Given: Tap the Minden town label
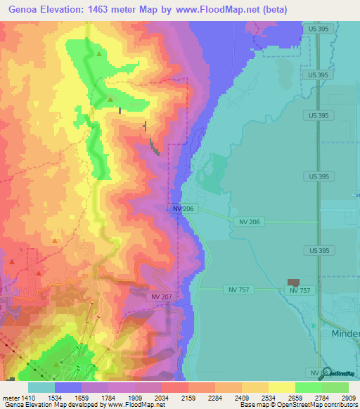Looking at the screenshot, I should [x=345, y=335].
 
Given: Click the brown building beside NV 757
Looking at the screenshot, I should [x=293, y=283].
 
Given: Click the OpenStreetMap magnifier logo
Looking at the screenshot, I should [x=326, y=373].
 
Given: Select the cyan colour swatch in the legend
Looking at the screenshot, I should [x=41, y=387].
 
